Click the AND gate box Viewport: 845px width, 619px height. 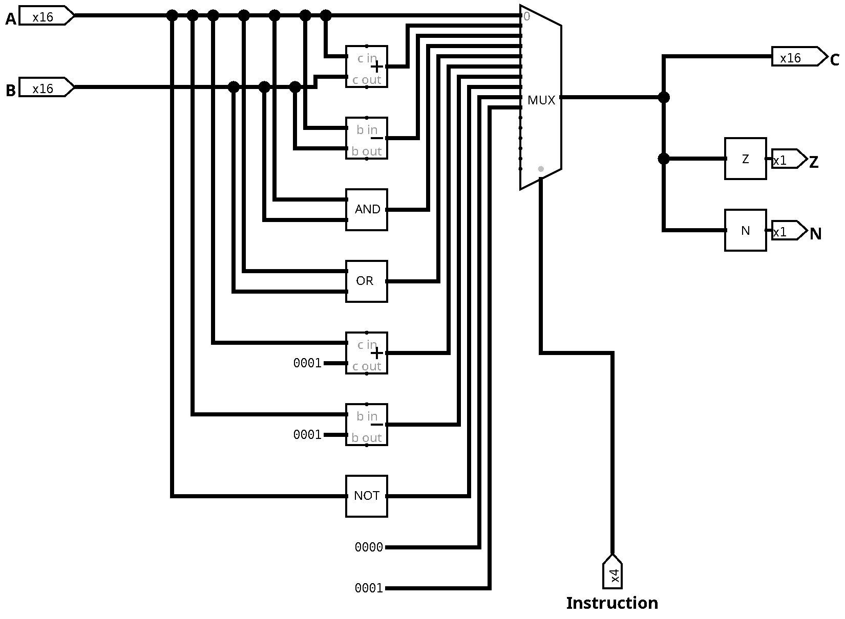click(x=366, y=209)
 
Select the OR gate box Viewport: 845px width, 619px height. click(x=366, y=281)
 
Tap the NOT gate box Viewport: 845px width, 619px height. click(x=366, y=496)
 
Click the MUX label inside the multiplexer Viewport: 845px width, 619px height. click(x=541, y=100)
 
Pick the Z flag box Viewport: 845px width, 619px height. click(x=746, y=159)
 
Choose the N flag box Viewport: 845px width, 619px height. click(x=746, y=230)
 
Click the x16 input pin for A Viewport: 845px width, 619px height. click(x=47, y=15)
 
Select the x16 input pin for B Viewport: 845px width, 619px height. click(x=47, y=87)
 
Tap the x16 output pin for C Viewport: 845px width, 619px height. click(x=800, y=56)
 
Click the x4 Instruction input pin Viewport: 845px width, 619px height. click(x=612, y=571)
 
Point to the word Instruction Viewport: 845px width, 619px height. click(x=612, y=603)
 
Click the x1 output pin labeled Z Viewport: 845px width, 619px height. click(x=789, y=159)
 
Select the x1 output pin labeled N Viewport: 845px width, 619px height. click(x=789, y=230)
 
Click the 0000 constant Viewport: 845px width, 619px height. click(x=369, y=547)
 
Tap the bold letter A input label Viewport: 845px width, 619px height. click(x=11, y=19)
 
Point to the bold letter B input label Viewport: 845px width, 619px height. click(x=11, y=91)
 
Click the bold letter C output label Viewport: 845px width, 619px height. click(x=835, y=60)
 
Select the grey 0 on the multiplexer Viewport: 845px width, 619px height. click(x=526, y=16)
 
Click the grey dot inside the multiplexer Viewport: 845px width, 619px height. click(x=541, y=169)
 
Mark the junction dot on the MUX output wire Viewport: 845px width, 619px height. click(x=664, y=97)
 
